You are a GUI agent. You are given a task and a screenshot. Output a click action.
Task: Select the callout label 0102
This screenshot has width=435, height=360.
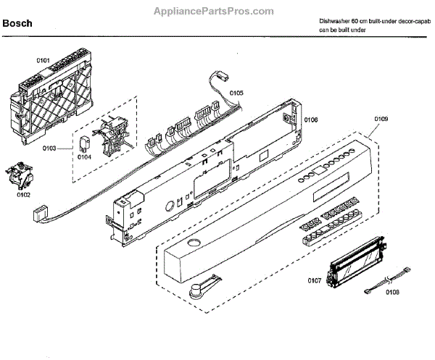25,194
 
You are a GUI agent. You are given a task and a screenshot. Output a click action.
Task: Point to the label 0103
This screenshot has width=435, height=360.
70,148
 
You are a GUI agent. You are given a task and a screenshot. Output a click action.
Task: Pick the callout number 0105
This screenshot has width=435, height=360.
237,93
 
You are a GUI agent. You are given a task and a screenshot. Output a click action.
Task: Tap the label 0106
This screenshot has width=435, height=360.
311,120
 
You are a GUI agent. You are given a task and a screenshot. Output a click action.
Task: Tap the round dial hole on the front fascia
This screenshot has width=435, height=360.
195,243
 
